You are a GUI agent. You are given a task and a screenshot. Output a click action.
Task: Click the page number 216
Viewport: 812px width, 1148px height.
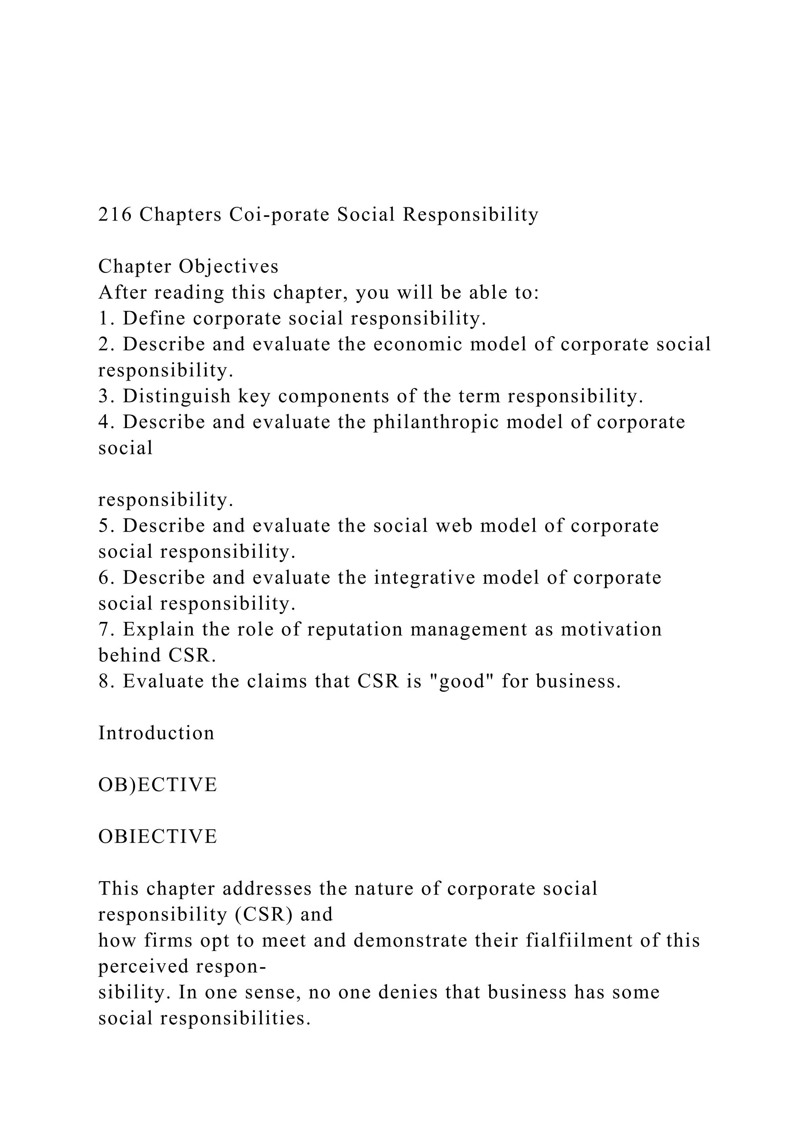pos(115,215)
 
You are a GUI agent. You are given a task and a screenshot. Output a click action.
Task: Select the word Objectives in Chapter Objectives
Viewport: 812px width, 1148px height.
pos(228,267)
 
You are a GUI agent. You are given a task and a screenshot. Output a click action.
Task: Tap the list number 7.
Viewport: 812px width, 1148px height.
pos(103,629)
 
